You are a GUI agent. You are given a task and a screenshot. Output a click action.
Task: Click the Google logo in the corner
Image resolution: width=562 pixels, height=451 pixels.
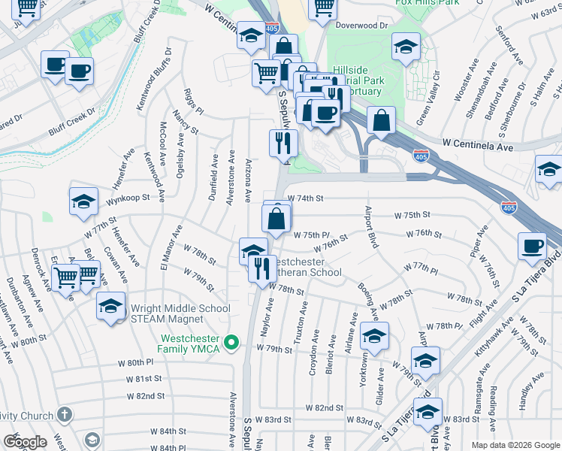point(25,442)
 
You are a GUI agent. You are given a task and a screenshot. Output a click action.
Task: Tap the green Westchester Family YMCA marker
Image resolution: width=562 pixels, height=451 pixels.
point(232,344)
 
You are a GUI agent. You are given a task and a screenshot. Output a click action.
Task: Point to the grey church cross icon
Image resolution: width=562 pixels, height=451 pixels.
point(65,415)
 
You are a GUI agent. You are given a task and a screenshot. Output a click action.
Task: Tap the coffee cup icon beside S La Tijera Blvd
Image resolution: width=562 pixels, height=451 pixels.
point(533,245)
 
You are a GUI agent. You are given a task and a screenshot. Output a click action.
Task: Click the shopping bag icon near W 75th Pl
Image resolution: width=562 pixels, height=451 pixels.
point(276,219)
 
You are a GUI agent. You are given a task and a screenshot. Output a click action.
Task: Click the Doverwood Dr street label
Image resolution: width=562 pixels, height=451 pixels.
point(362,25)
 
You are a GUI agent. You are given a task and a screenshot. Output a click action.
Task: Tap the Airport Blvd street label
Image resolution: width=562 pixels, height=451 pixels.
point(370,226)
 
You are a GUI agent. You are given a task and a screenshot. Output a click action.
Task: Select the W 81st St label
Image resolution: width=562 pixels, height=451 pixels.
point(148,379)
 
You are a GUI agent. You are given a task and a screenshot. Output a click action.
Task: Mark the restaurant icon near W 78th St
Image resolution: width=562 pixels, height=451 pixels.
point(262,268)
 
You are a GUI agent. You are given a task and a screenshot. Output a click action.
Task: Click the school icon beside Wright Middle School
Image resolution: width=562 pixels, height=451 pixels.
point(110,307)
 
